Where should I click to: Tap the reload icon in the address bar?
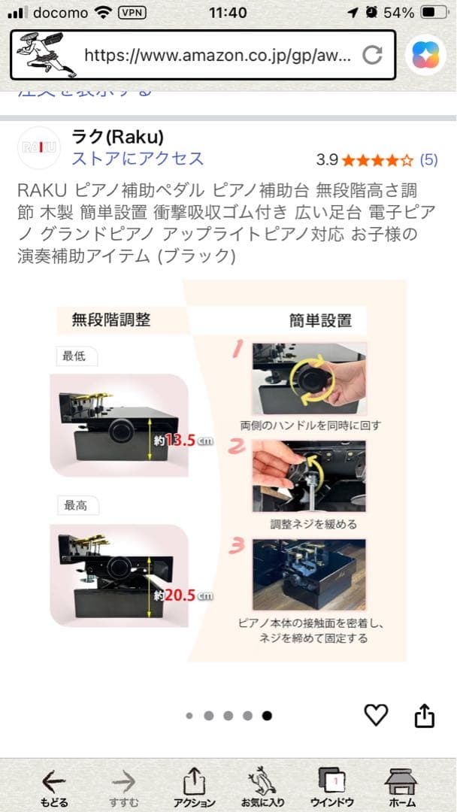pyautogui.click(x=372, y=55)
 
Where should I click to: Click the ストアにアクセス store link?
pyautogui.click(x=138, y=159)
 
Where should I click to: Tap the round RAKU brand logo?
pyautogui.click(x=38, y=147)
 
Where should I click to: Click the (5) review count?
pyautogui.click(x=428, y=159)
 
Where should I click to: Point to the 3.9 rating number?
pyautogui.click(x=327, y=159)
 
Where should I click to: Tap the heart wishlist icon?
pyautogui.click(x=376, y=714)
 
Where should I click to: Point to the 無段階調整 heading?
pyautogui.click(x=111, y=320)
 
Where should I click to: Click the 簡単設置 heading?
pyautogui.click(x=320, y=320)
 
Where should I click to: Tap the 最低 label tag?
pyautogui.click(x=74, y=356)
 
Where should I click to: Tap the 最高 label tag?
pyautogui.click(x=75, y=505)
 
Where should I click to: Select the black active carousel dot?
pyautogui.click(x=267, y=716)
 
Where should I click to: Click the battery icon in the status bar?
pyautogui.click(x=433, y=13)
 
